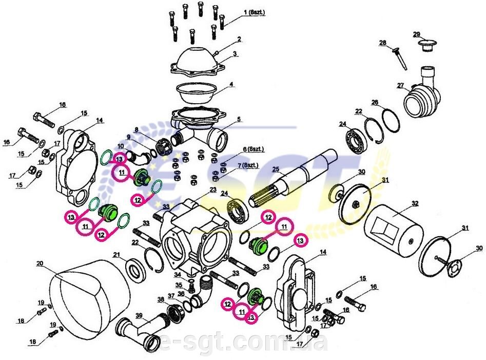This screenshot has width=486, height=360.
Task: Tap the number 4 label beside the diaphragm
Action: [231, 84]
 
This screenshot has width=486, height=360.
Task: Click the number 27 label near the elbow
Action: [400, 85]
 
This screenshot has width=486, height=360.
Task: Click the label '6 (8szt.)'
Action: [252, 149]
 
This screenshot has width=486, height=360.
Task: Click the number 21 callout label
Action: [116, 255]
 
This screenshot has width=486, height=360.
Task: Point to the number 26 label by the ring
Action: [375, 102]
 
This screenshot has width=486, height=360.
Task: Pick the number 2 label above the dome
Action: [239, 39]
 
